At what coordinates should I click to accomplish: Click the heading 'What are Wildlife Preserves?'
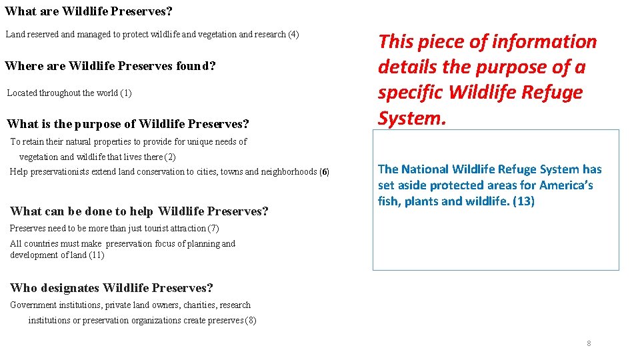pos(89,11)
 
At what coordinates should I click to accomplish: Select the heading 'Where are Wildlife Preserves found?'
pos(110,66)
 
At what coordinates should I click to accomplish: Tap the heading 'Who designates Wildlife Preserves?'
pos(111,288)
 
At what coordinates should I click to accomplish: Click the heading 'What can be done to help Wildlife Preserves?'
pos(139,211)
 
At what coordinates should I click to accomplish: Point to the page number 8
pos(589,343)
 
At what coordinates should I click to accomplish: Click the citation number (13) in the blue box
pos(523,201)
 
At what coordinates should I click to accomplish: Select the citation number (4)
pos(293,34)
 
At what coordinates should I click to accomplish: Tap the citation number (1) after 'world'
pos(126,93)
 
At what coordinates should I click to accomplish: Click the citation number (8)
pos(251,320)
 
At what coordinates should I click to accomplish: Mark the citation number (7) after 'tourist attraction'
pos(213,228)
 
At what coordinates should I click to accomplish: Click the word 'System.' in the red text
pos(411,118)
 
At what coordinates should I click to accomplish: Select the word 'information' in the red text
pos(544,41)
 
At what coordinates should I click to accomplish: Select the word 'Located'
pos(22,93)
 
